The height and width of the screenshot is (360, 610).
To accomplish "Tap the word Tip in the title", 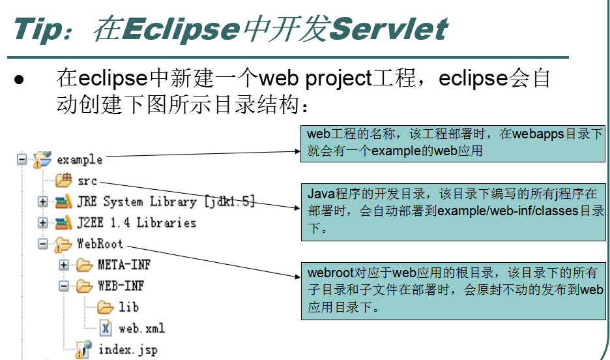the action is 40,29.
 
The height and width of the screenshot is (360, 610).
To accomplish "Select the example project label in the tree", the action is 80,159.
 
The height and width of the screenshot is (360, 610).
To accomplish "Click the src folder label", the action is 87,181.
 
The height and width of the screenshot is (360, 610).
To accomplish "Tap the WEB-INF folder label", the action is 121,286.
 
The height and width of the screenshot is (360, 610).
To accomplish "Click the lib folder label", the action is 128,307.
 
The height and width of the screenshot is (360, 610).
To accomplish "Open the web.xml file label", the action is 141,327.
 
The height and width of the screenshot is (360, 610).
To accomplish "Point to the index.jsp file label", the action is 128,350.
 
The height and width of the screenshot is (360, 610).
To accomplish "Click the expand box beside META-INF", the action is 64,265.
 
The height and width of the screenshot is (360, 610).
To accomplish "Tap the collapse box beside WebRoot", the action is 43,244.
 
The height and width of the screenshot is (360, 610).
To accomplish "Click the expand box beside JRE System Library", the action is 43,202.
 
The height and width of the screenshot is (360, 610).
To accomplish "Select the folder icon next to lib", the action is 106,307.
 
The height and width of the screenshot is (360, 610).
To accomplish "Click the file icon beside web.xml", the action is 106,327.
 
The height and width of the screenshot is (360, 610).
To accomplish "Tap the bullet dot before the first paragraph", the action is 20,80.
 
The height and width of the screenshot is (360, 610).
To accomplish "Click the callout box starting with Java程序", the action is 454,211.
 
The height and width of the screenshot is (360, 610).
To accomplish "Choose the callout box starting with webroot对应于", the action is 454,290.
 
